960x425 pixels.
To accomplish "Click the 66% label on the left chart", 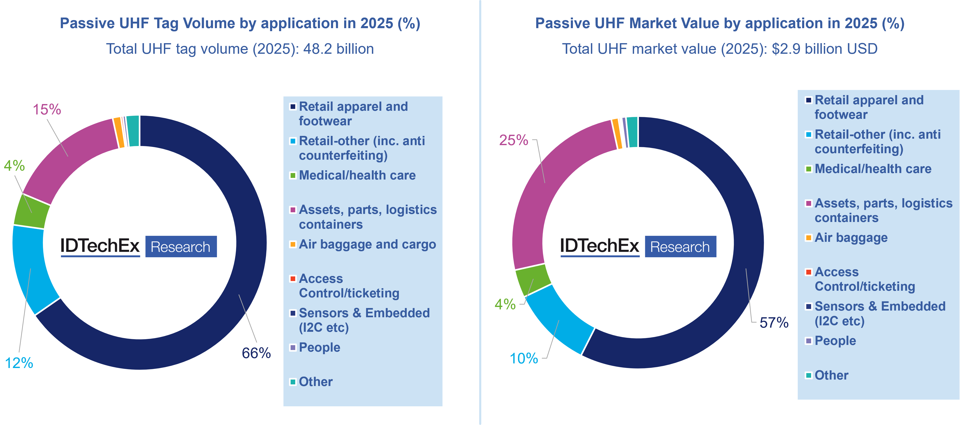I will tap(256, 353).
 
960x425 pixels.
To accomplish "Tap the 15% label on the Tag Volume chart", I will tap(47, 110).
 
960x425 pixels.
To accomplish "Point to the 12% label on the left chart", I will tap(19, 363).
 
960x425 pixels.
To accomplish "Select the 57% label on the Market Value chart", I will tap(774, 323).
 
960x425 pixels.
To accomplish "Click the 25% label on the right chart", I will tap(514, 141).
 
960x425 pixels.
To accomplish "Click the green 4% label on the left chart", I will tap(14, 165).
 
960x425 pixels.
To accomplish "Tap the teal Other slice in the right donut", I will tap(632, 132).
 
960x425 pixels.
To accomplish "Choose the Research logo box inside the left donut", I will tap(181, 247).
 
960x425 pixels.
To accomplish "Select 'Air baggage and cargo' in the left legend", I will tap(367, 244).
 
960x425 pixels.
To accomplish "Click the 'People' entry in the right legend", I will tap(835, 341).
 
